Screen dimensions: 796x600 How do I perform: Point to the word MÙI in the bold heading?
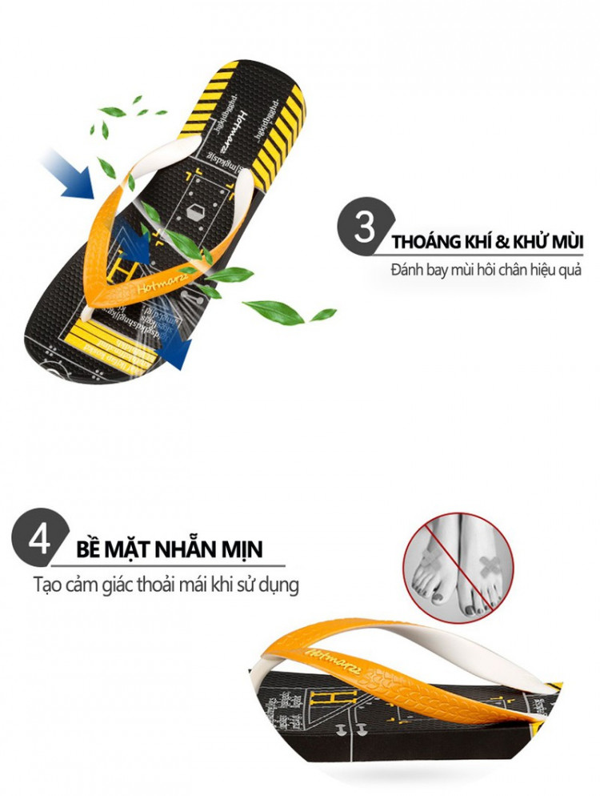point(564,241)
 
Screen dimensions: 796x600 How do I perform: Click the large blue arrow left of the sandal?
point(74,174)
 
